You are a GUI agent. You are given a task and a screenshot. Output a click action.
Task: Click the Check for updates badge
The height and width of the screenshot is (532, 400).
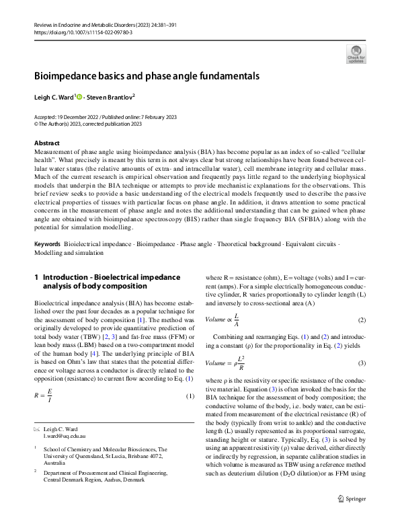click(x=356, y=54)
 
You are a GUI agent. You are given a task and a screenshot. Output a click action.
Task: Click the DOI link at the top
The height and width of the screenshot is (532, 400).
click(x=83, y=32)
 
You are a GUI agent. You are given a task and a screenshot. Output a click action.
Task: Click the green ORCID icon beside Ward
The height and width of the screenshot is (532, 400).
click(x=79, y=97)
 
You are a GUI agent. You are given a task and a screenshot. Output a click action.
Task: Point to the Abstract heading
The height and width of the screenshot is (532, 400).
click(x=47, y=143)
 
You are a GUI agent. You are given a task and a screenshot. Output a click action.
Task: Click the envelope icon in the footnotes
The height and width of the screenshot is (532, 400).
click(x=37, y=428)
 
